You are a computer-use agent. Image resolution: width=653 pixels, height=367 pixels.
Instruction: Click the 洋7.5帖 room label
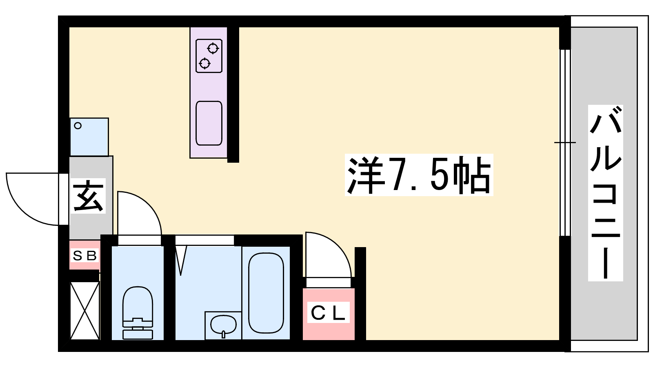click(x=419, y=175)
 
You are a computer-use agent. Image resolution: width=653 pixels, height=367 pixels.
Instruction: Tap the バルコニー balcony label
click(x=606, y=193)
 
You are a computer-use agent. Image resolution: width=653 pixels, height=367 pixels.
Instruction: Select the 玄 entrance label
click(x=88, y=196)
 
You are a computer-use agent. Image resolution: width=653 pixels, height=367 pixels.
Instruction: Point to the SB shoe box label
click(x=84, y=256)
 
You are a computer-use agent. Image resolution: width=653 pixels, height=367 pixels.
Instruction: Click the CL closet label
click(x=328, y=312)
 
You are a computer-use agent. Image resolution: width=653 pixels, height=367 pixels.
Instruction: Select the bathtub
click(x=266, y=293)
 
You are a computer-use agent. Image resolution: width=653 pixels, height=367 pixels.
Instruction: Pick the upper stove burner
click(x=213, y=49)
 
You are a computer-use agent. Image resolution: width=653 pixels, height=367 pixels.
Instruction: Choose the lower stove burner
click(x=204, y=63)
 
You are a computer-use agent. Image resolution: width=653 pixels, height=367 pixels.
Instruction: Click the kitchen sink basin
click(x=209, y=123)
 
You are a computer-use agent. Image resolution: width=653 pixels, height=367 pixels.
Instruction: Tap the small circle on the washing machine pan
click(x=78, y=126)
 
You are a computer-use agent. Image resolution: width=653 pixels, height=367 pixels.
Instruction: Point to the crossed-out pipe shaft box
click(x=85, y=310)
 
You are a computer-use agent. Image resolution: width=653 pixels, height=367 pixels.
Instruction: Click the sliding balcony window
click(x=566, y=143)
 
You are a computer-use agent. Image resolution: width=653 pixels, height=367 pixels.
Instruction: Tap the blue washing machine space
click(x=89, y=137)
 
